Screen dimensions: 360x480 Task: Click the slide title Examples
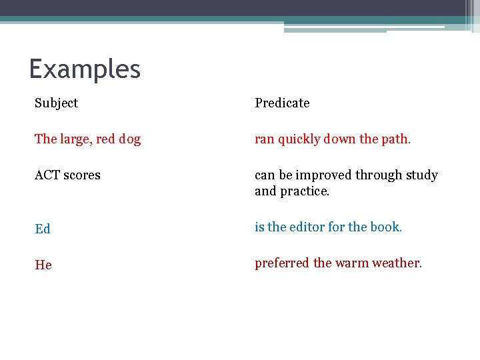coord(85,69)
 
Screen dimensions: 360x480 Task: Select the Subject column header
coord(57,103)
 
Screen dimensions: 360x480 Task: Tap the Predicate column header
coord(282,103)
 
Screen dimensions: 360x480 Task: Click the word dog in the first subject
coord(129,139)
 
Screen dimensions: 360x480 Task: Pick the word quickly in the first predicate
coord(299,139)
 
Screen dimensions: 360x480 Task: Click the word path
coord(396,139)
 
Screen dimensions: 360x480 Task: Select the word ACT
coord(48,175)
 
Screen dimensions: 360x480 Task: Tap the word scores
coord(82,175)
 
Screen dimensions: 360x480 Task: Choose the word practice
coord(305,191)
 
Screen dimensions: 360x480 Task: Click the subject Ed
coord(43,229)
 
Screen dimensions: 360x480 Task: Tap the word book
coord(386,227)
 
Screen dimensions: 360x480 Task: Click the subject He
coord(43,265)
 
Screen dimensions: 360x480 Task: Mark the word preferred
coord(282,263)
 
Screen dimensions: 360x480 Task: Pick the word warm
coord(352,263)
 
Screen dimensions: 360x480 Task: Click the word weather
coord(397,263)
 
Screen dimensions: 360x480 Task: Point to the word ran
coord(264,139)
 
